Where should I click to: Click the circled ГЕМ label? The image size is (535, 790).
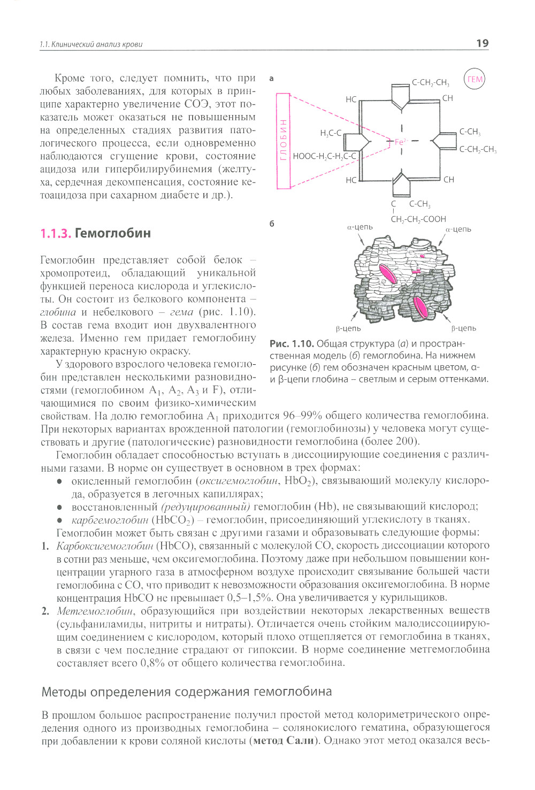(x=475, y=80)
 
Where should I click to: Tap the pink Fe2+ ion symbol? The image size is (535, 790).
(x=401, y=142)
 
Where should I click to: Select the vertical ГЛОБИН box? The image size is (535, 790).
(x=283, y=141)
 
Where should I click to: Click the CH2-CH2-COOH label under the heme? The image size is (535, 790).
(x=418, y=219)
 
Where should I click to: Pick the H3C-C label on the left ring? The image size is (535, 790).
(x=331, y=133)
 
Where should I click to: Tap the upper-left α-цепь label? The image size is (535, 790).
(x=360, y=227)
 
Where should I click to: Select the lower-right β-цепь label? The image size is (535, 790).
(x=463, y=328)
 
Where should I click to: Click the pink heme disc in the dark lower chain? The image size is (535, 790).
(x=421, y=308)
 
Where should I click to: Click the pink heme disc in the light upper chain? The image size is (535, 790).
(x=388, y=273)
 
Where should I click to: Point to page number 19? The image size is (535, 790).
(x=482, y=43)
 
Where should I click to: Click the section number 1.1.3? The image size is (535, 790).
(x=56, y=233)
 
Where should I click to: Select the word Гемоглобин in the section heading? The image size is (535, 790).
(x=113, y=233)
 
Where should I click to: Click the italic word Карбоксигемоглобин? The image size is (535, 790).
(x=105, y=546)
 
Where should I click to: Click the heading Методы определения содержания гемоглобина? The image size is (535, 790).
(x=187, y=692)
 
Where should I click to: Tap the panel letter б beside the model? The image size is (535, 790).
(x=272, y=224)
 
